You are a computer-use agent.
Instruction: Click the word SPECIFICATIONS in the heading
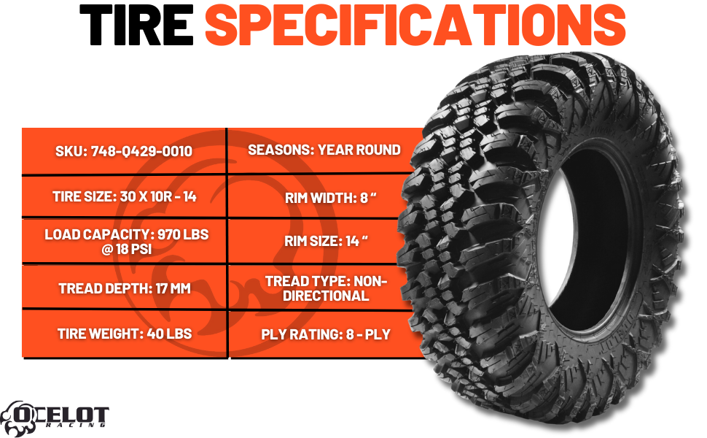pyautogui.click(x=415, y=26)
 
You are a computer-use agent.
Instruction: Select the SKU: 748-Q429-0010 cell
pyautogui.click(x=124, y=152)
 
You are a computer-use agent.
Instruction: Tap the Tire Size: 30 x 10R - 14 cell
pyautogui.click(x=124, y=196)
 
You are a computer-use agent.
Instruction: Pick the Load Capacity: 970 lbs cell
pyautogui.click(x=124, y=242)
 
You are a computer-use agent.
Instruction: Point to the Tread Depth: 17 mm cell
pyautogui.click(x=124, y=288)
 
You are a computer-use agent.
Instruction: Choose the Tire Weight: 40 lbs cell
pyautogui.click(x=124, y=334)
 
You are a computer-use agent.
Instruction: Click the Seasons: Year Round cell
pyautogui.click(x=324, y=150)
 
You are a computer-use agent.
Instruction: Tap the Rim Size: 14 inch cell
pyautogui.click(x=324, y=242)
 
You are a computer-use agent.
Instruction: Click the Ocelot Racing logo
pyautogui.click(x=55, y=415)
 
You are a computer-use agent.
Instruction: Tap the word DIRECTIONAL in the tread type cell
pyautogui.click(x=326, y=296)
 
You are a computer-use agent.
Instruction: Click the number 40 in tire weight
pyautogui.click(x=149, y=334)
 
